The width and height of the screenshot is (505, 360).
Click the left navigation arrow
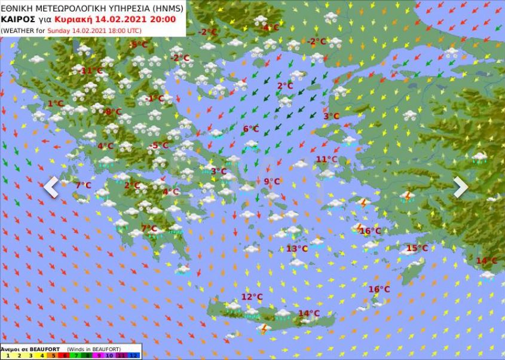pos(51,187)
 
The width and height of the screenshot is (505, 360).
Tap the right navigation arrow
pos(460,187)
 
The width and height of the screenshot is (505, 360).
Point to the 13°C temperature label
pos(296,249)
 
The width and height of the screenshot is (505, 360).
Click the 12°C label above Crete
pos(252,297)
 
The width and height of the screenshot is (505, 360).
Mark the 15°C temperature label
pos(417,248)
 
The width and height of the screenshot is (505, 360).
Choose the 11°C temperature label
pos(326,159)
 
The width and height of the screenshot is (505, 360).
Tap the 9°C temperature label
pos(271,182)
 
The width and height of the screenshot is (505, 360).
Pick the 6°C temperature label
pos(250,129)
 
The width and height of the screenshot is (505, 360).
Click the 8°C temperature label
pos(113,112)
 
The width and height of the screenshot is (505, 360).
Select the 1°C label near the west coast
pos(55,103)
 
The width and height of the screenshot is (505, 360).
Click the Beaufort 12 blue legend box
pos(134,355)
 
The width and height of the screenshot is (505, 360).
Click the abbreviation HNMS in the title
pos(165,8)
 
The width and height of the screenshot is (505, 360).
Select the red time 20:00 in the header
pos(163,19)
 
